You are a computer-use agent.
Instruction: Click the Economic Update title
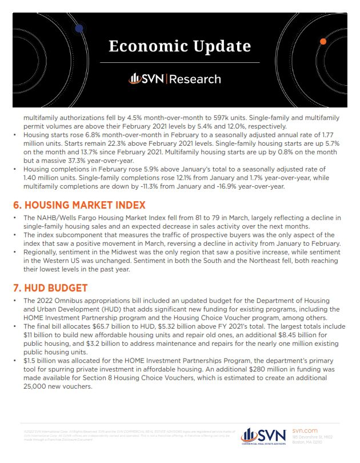click(x=179, y=45)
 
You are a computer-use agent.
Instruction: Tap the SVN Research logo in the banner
click(x=179, y=78)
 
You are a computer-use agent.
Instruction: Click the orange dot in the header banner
click(x=323, y=41)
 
